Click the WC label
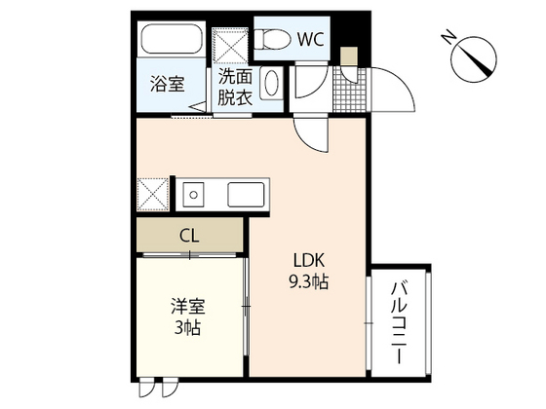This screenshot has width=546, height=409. [311, 40]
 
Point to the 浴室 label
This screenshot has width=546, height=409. [167, 85]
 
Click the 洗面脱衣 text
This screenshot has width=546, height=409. [234, 87]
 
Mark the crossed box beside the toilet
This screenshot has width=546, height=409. [232, 47]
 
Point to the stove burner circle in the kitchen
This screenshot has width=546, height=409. [193, 195]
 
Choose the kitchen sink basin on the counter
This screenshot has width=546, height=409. [248, 195]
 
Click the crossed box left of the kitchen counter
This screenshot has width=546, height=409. [152, 194]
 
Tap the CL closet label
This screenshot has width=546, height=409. [189, 235]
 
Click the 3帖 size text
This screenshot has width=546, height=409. [186, 329]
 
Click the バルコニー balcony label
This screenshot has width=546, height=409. [400, 323]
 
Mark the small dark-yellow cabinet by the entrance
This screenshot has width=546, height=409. [349, 56]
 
